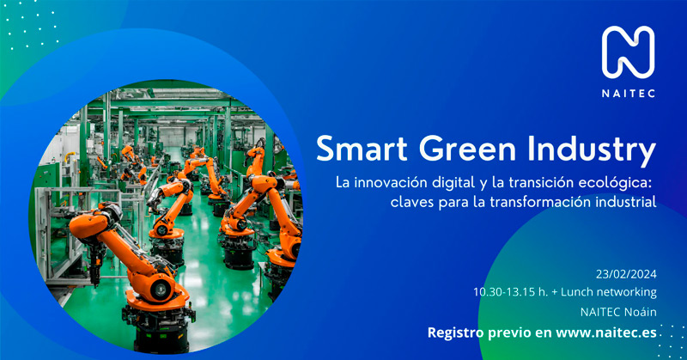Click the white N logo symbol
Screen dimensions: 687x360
628,52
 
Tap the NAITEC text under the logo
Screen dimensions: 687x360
629,94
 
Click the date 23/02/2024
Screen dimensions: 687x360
626,274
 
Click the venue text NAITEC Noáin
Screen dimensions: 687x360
618,312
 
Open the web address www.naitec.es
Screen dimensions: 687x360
606,333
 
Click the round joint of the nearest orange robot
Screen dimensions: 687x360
161,290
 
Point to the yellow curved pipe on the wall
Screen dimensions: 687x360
69,156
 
